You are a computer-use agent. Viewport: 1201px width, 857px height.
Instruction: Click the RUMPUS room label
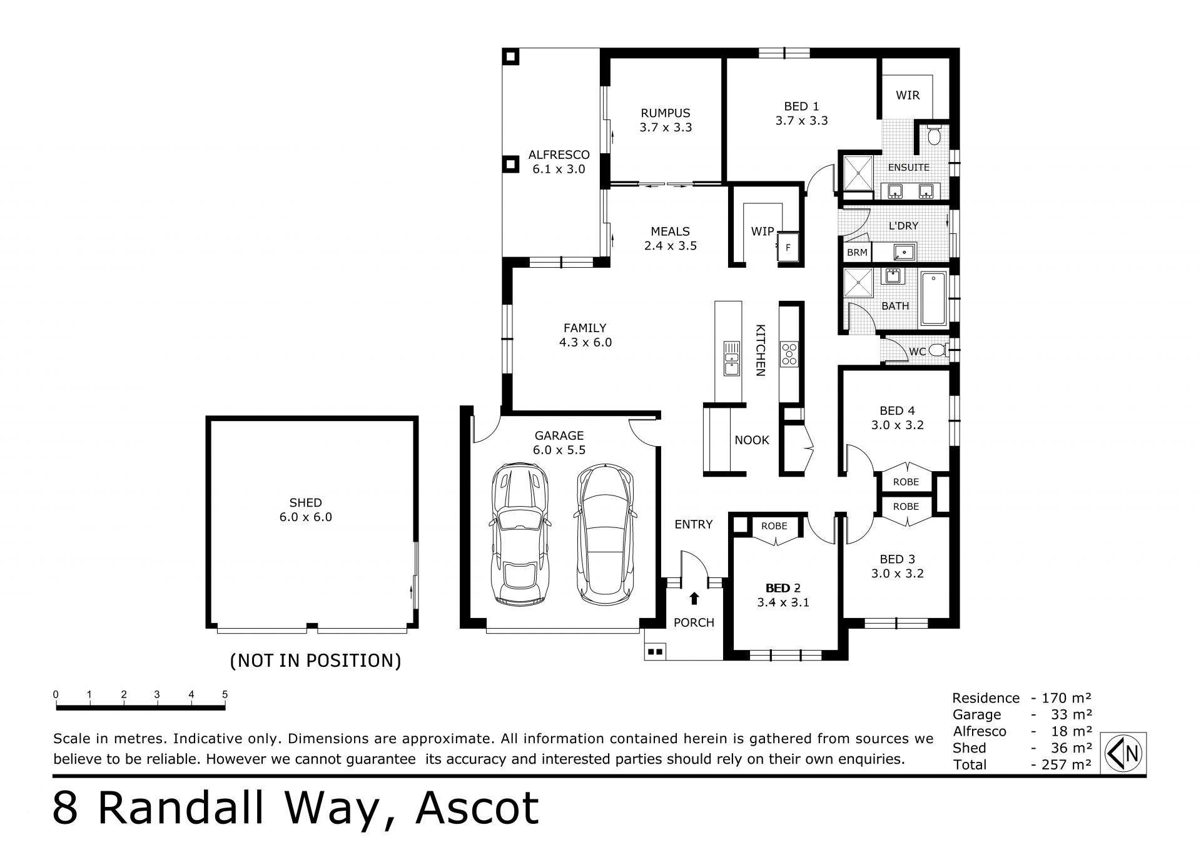coord(665,113)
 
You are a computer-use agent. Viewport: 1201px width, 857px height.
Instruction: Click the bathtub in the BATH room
coord(934,298)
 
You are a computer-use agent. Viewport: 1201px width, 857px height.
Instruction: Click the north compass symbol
coord(1123,753)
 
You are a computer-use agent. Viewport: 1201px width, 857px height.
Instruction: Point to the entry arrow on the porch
coord(694,599)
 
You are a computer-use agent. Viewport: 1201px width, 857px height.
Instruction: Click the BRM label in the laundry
coord(857,253)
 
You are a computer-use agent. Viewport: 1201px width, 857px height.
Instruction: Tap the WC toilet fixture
coord(937,350)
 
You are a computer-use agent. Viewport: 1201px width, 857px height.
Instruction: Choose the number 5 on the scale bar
coord(225,694)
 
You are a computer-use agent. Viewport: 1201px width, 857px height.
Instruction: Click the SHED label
coord(305,502)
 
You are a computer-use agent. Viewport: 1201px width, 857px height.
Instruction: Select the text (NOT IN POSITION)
coord(316,661)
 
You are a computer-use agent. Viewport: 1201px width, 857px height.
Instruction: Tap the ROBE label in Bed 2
coord(774,526)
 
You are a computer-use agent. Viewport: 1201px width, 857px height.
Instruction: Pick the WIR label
coord(908,95)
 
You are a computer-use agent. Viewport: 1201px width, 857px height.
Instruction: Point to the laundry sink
coord(904,252)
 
